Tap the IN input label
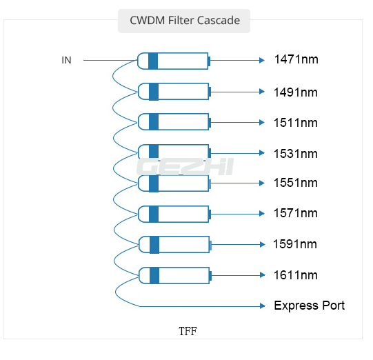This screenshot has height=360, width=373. (x=66, y=61)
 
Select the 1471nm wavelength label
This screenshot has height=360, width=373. (x=296, y=60)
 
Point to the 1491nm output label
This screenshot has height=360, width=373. (x=296, y=91)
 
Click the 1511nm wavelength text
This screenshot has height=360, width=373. (x=296, y=122)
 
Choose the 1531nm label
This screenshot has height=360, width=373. (x=296, y=153)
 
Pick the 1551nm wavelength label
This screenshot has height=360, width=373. (x=296, y=183)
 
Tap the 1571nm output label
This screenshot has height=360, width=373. (x=296, y=214)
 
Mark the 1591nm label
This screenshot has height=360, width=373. (x=295, y=244)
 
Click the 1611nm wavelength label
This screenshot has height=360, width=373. (x=296, y=274)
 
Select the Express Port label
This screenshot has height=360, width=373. (x=309, y=306)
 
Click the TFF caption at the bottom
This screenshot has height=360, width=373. (x=188, y=331)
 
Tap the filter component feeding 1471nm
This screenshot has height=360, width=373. (x=174, y=61)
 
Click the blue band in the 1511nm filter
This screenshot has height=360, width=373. (x=153, y=122)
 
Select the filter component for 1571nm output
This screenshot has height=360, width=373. (x=174, y=214)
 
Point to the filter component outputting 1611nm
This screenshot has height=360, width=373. (x=174, y=275)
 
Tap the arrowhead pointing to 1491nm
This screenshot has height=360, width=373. (x=261, y=91)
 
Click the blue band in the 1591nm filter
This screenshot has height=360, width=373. (x=154, y=244)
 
